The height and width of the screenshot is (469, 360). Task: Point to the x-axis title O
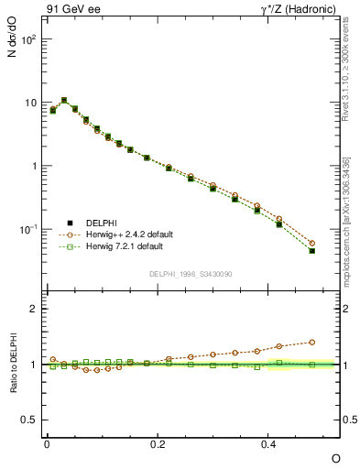pos(335,457)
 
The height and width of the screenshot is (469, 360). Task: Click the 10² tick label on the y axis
pos(27,40)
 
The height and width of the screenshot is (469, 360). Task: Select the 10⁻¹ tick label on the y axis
pos(27,229)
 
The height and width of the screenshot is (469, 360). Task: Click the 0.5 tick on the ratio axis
pos(31,420)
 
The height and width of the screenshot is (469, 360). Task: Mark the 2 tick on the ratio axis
pos(35,309)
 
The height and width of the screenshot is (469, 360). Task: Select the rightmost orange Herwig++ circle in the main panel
pos(312,244)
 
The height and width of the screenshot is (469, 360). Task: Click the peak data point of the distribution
pos(64,100)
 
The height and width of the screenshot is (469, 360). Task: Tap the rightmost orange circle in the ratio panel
pos(312,342)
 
